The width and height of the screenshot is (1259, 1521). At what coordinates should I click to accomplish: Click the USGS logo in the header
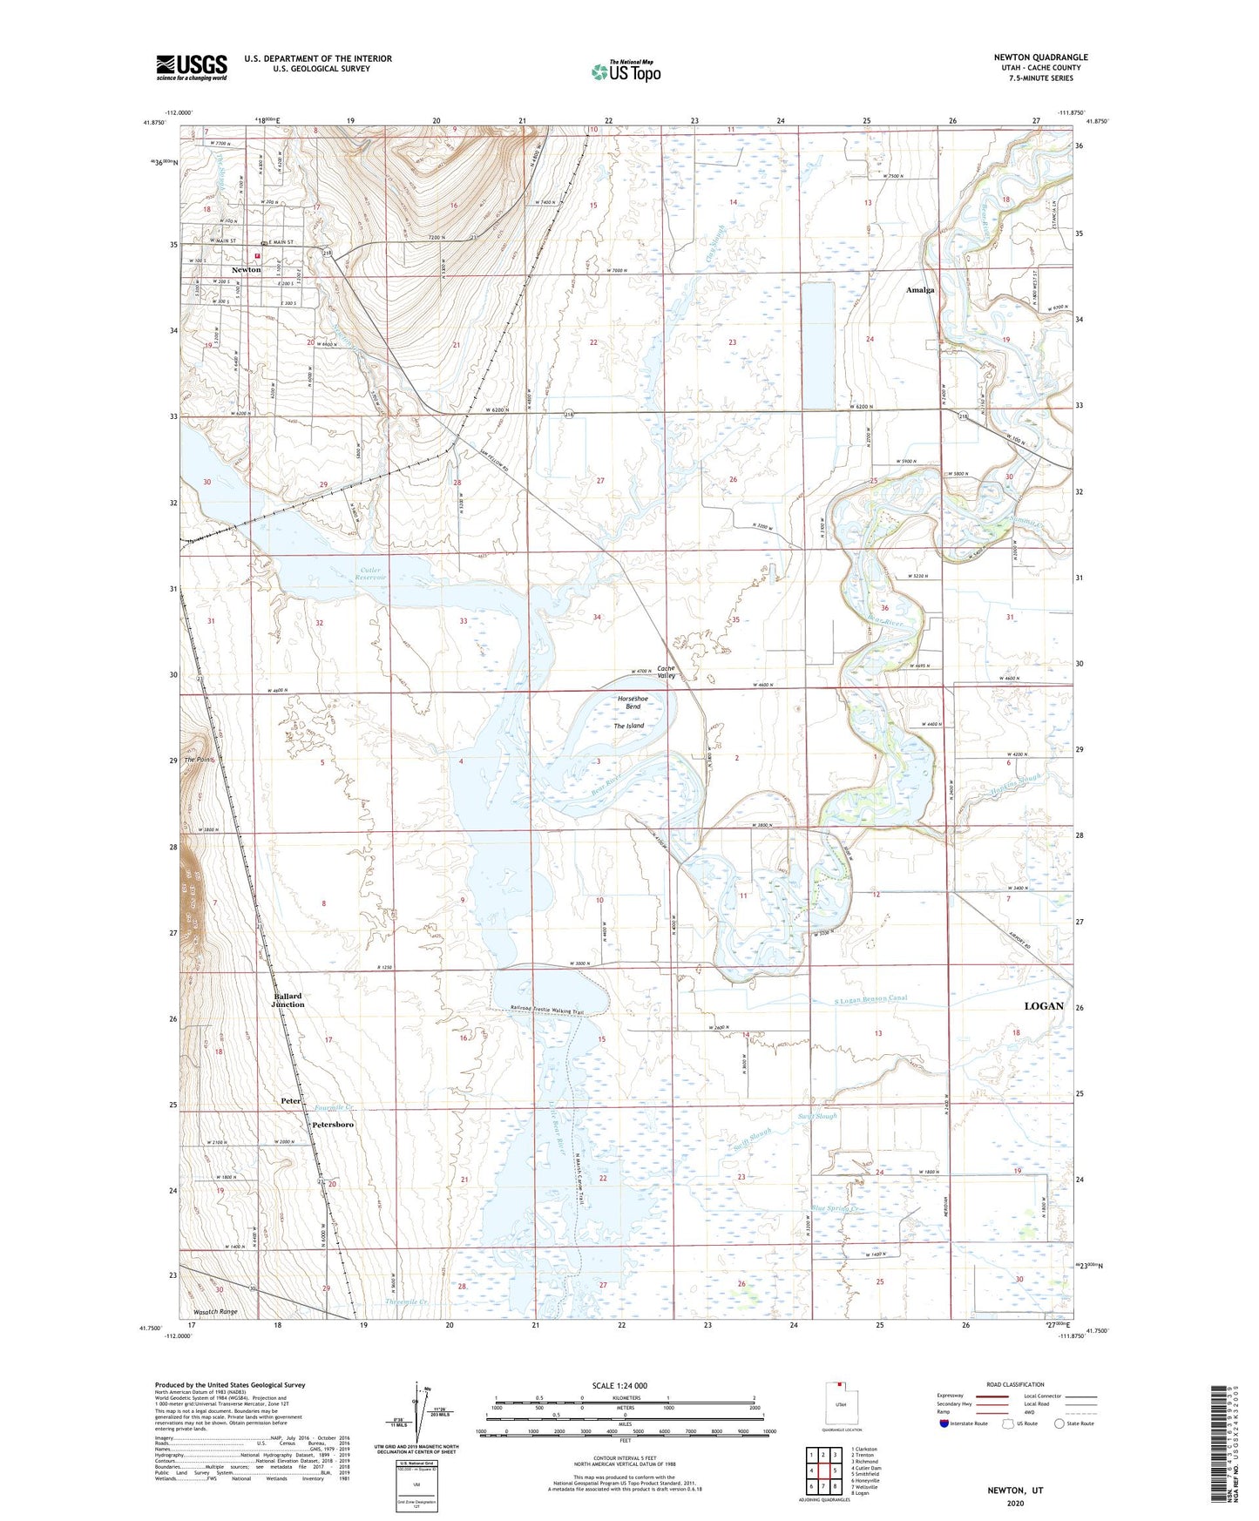point(191,67)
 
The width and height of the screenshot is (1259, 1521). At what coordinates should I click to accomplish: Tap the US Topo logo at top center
point(625,71)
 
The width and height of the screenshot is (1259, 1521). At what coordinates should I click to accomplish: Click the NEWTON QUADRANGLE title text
point(1040,57)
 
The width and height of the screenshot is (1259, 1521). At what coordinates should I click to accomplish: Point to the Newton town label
point(246,270)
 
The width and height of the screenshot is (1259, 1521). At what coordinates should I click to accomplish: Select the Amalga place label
point(920,290)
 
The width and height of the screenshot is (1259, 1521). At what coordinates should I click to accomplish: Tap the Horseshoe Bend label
point(628,702)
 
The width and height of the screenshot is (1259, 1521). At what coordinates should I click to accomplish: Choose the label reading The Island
point(628,726)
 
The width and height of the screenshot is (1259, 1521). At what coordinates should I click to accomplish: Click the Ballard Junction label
point(288,1000)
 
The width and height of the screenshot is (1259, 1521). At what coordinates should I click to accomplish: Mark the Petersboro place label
point(333,1125)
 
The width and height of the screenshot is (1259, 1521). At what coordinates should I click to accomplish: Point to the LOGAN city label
point(1043,1005)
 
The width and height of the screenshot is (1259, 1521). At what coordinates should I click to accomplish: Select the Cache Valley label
point(666,672)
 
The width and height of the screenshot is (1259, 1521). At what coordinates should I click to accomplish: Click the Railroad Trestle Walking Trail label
point(546,1011)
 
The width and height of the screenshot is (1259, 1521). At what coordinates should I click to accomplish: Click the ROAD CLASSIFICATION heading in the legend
point(1016,1384)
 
